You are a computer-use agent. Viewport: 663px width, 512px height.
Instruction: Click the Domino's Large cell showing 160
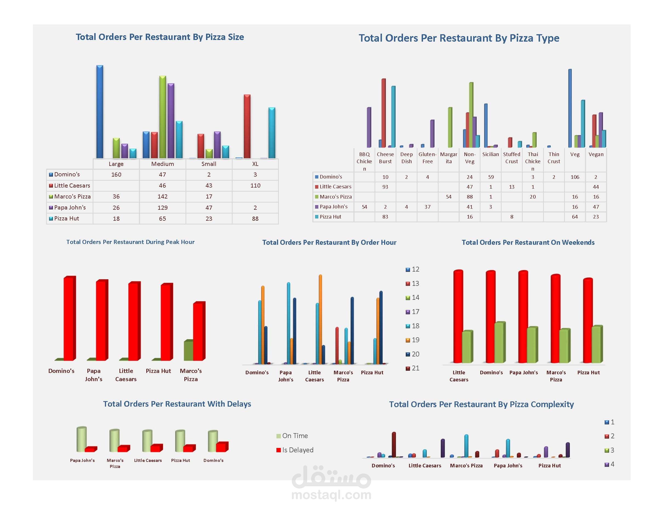point(116,175)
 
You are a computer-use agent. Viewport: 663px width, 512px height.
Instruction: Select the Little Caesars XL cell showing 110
point(255,186)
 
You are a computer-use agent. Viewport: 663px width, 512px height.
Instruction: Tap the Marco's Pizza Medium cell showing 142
point(162,197)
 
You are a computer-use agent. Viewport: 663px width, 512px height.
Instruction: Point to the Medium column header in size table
point(162,164)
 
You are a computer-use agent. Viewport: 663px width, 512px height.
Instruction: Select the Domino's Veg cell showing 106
point(575,177)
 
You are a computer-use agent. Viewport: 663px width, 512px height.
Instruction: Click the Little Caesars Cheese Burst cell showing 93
point(385,187)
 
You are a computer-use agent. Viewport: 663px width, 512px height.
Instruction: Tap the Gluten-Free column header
point(427,158)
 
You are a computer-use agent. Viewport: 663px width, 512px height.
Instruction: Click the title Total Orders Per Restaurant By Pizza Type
point(459,38)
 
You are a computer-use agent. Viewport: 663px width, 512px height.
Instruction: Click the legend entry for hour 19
point(413,340)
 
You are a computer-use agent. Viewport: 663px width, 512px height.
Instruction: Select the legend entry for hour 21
point(413,368)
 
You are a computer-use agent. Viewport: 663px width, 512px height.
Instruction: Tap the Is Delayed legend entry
point(295,450)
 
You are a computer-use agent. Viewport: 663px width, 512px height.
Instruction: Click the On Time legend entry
point(292,436)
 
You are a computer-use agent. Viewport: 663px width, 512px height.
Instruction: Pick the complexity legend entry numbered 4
point(609,464)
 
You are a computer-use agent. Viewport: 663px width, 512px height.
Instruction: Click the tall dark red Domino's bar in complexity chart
point(394,444)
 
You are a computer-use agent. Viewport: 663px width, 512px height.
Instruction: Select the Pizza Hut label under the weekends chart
point(588,372)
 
